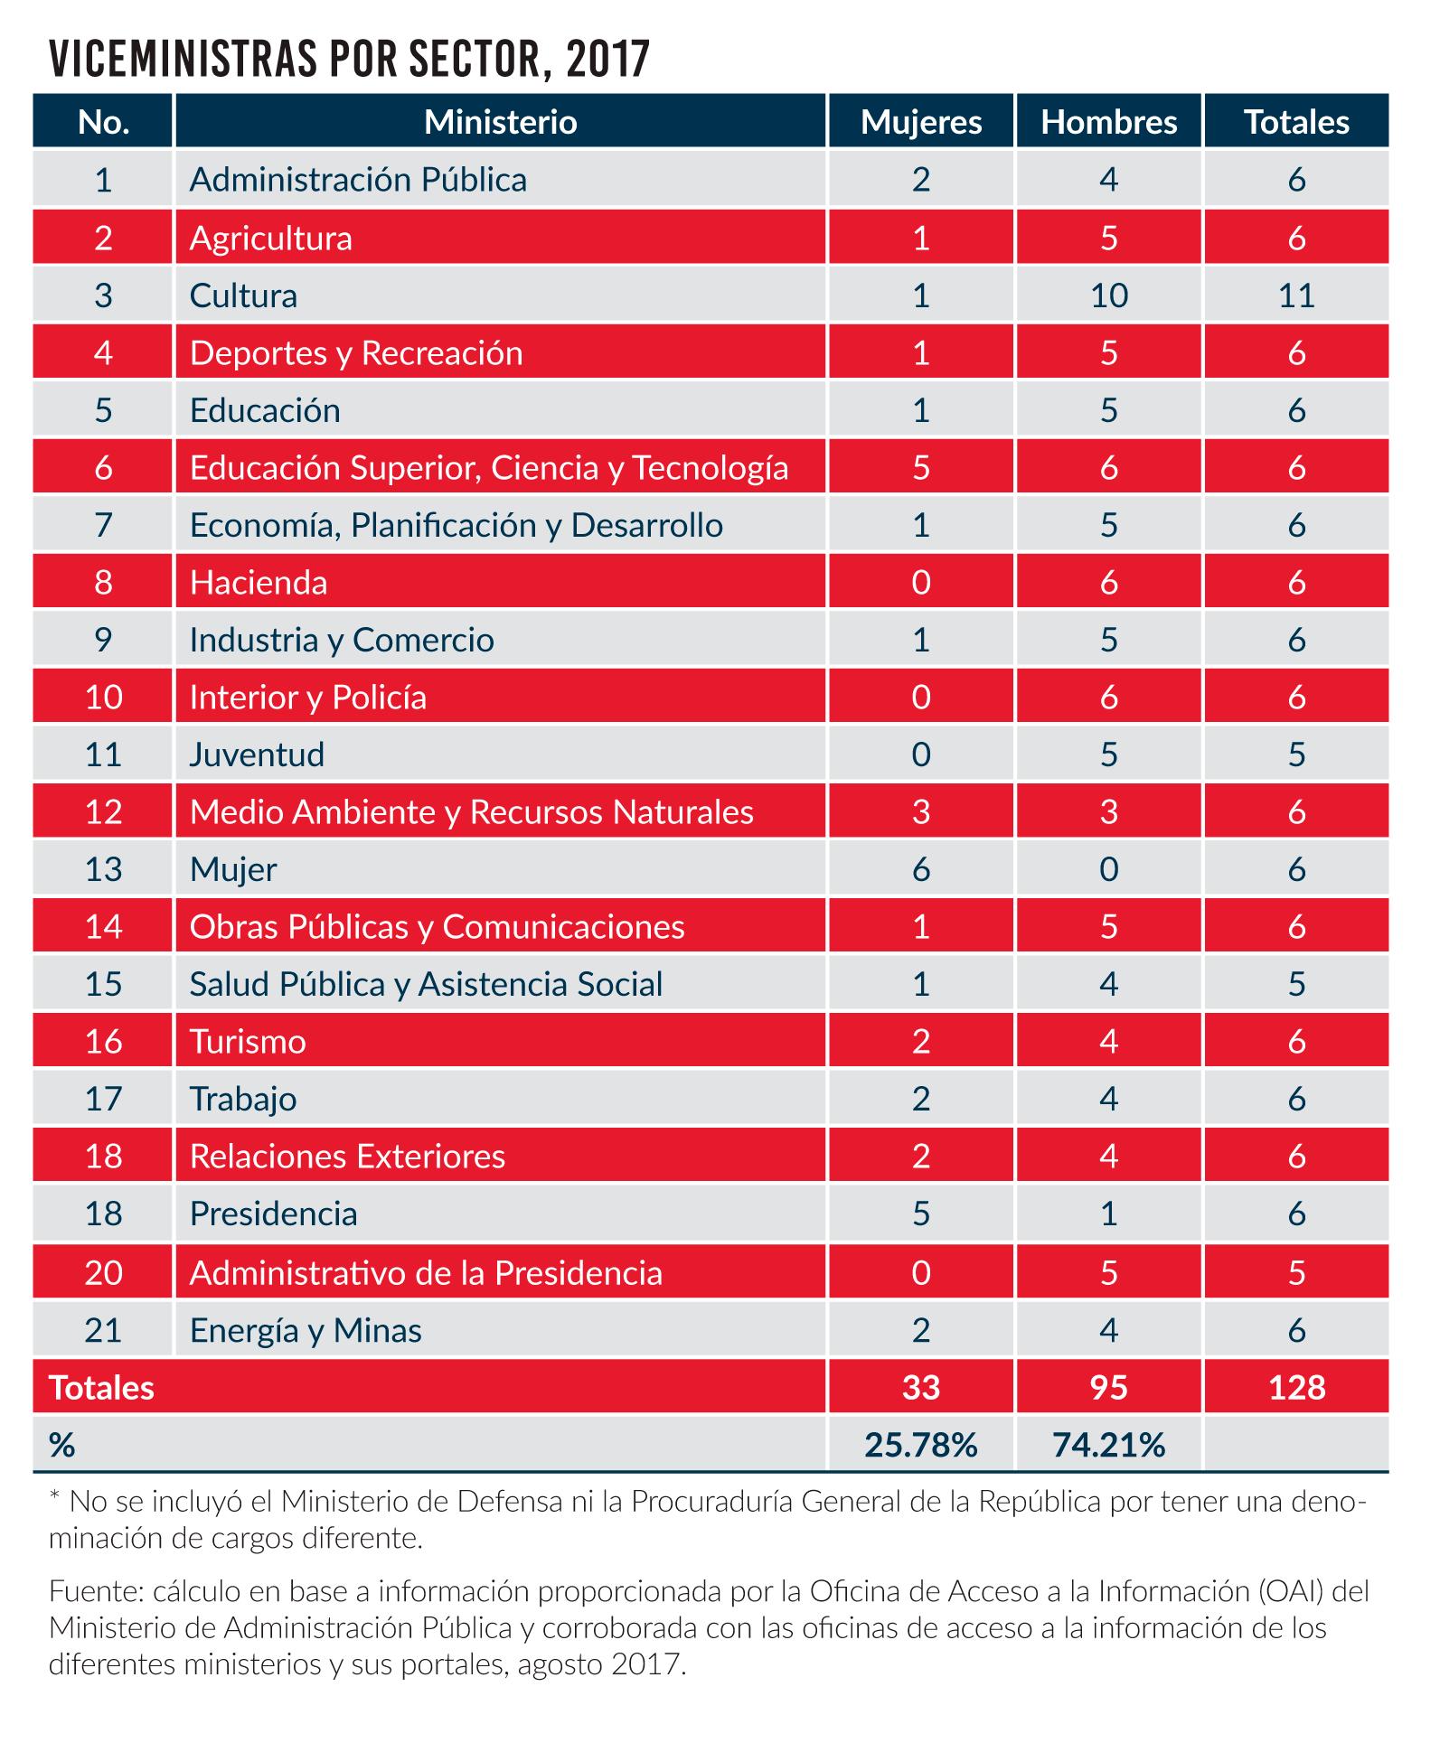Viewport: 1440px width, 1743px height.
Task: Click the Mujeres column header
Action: (x=920, y=122)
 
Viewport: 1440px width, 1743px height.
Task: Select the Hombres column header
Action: (x=1108, y=122)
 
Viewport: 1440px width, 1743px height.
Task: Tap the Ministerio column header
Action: (x=500, y=122)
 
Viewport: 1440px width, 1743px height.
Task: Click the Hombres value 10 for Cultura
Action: (x=1108, y=295)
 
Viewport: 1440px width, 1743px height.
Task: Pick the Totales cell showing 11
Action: (x=1296, y=295)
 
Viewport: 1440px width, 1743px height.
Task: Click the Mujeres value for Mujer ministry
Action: (x=920, y=869)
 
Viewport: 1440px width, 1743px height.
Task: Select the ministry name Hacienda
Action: (x=259, y=582)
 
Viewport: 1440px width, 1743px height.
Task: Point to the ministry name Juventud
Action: (x=257, y=754)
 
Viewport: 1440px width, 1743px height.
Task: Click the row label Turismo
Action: (x=248, y=1042)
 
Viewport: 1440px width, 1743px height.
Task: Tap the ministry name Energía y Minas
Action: (x=306, y=1330)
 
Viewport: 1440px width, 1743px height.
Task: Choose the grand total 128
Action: (x=1296, y=1387)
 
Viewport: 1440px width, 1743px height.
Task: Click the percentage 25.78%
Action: (x=920, y=1446)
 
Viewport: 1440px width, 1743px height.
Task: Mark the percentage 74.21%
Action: (x=1108, y=1446)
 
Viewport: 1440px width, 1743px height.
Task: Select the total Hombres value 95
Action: (x=1108, y=1387)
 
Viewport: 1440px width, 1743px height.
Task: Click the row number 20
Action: (x=103, y=1272)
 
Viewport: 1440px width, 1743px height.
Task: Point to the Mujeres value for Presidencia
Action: (x=920, y=1214)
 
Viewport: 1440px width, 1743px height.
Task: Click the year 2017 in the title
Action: (x=609, y=61)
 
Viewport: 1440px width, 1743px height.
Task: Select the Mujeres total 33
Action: (x=920, y=1387)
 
